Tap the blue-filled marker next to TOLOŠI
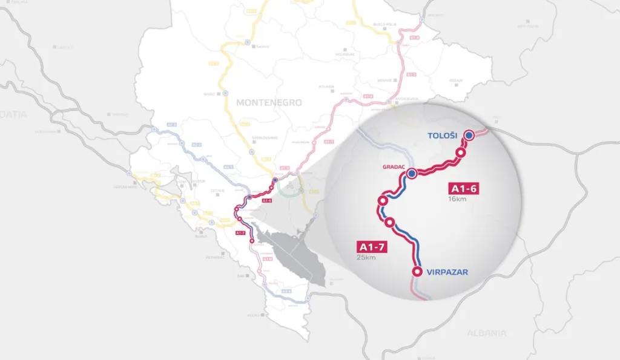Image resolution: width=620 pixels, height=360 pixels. point(469,135)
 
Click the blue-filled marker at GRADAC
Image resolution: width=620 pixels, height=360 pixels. point(412,174)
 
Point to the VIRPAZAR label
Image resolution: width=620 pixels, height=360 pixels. point(447,272)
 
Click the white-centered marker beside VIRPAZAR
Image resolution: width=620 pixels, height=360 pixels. point(417,272)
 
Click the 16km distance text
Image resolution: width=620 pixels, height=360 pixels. point(458,199)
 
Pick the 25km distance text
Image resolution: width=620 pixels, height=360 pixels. point(366,258)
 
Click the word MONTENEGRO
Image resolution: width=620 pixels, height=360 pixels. point(269,103)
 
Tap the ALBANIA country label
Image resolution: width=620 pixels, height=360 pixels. point(486,333)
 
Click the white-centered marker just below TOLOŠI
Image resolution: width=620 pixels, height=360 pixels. point(460,152)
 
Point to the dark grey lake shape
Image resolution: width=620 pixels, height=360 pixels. point(291,254)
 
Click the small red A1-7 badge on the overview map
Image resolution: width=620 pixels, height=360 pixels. point(240,232)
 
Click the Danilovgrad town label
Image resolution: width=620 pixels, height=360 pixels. point(265,137)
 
